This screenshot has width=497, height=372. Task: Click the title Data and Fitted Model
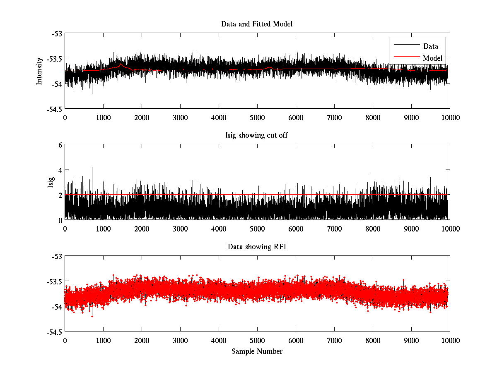click(x=257, y=24)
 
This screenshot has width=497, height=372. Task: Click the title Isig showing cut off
click(x=257, y=136)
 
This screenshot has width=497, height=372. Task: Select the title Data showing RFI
click(x=257, y=247)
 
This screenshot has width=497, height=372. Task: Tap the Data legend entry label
click(x=430, y=46)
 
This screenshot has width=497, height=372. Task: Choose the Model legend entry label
click(x=432, y=58)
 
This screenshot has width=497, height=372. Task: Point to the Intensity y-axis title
click(x=39, y=71)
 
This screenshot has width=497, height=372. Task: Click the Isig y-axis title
click(x=51, y=182)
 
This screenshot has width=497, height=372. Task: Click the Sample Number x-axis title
click(x=257, y=351)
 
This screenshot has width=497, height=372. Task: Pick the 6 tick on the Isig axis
click(x=60, y=145)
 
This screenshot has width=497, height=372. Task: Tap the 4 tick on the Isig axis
click(x=60, y=170)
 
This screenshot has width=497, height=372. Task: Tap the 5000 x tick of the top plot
click(x=257, y=117)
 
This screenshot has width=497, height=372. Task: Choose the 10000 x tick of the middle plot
click(x=450, y=229)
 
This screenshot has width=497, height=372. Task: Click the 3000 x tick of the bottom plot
click(x=180, y=340)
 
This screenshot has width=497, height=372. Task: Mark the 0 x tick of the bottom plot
click(x=65, y=340)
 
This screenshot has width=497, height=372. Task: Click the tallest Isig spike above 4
click(x=92, y=168)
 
